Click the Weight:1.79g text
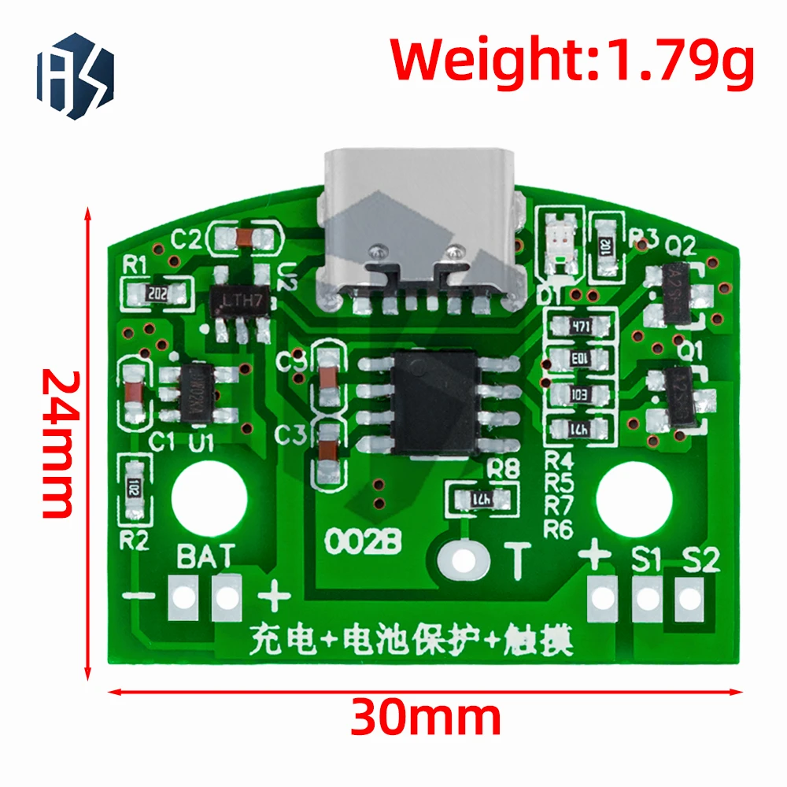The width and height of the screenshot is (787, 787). [572, 61]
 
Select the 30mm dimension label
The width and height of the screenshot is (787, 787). [425, 718]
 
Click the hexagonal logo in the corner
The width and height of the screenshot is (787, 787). [75, 76]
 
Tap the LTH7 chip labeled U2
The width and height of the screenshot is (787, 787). [241, 301]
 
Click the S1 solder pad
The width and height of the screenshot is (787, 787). [648, 599]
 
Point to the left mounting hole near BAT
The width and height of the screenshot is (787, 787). [209, 497]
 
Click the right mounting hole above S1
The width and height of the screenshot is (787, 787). [634, 497]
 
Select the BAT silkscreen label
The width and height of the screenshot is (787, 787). [205, 556]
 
